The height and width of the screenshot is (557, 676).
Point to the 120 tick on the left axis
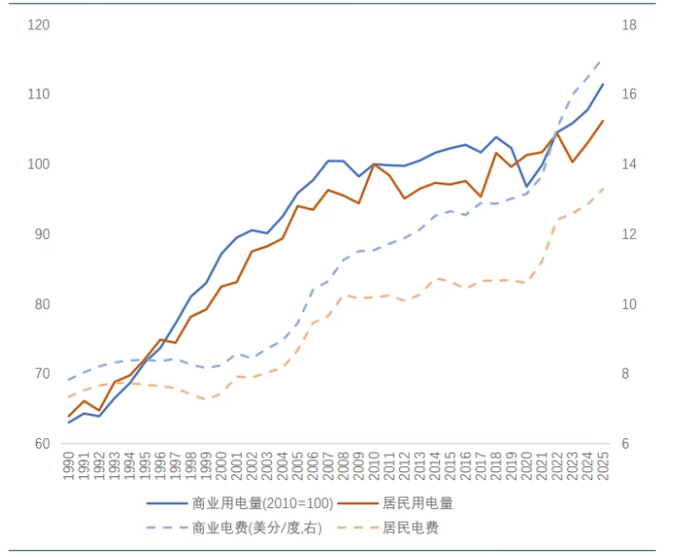(x=39, y=24)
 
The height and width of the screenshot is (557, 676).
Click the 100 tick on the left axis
(x=39, y=164)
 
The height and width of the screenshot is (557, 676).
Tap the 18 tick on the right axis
(x=629, y=24)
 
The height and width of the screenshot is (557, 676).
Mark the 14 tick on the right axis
(x=629, y=164)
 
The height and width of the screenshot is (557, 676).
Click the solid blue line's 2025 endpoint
(x=602, y=84)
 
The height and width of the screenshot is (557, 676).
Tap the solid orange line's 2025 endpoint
(x=602, y=121)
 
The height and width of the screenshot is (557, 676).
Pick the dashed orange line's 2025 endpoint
(x=602, y=189)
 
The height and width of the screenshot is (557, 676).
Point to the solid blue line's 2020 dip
(x=526, y=186)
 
